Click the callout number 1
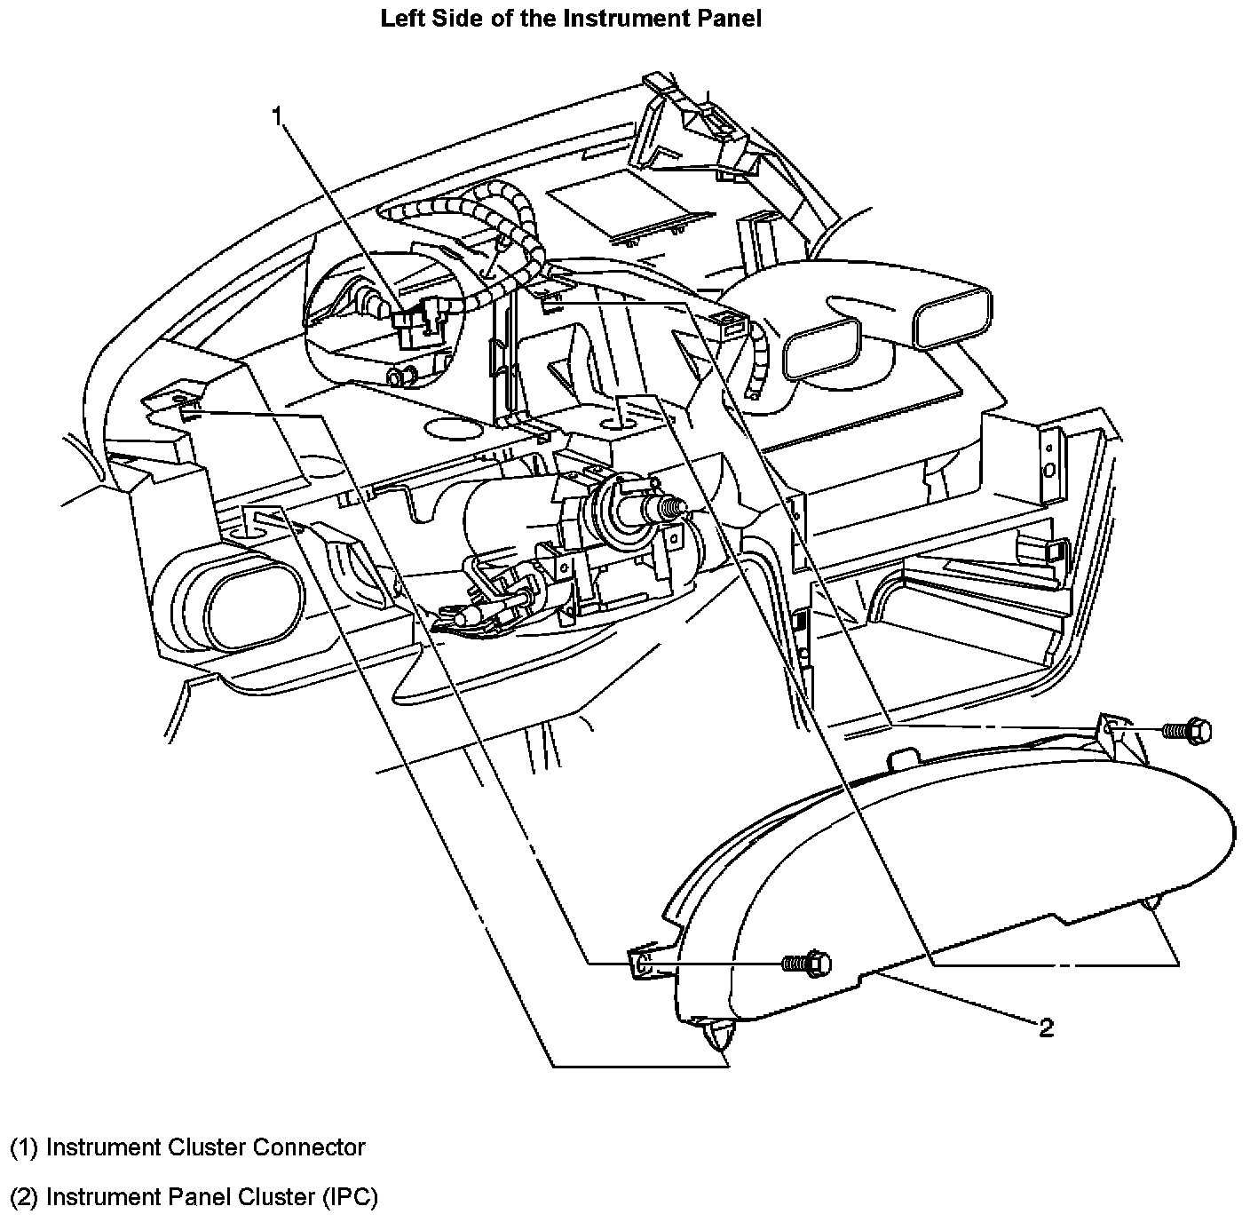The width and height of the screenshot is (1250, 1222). [x=278, y=115]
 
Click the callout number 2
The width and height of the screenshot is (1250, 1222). [x=1046, y=1028]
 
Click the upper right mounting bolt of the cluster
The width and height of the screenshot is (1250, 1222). [x=1186, y=730]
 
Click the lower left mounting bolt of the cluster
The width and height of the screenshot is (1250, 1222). [x=807, y=963]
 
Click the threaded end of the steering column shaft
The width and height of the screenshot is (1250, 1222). [x=670, y=507]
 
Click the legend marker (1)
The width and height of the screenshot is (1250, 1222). [x=24, y=1147]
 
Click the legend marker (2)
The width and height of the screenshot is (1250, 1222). [x=24, y=1197]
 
